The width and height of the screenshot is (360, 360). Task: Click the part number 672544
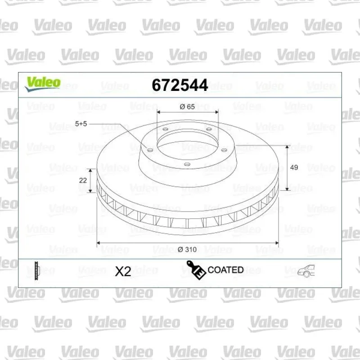click(180, 85)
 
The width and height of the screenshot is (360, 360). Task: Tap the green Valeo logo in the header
click(43, 84)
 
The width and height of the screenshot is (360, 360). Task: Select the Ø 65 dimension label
click(187, 107)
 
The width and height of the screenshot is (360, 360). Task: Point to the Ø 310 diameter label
click(187, 249)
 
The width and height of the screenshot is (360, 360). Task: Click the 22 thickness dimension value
click(83, 180)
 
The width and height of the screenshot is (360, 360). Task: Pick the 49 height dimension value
click(294, 167)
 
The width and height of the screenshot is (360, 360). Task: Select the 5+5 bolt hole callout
click(81, 124)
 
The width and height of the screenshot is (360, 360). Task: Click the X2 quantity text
click(123, 272)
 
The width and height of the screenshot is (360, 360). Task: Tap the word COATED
click(225, 270)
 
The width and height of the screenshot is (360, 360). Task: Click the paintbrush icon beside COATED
click(196, 270)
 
